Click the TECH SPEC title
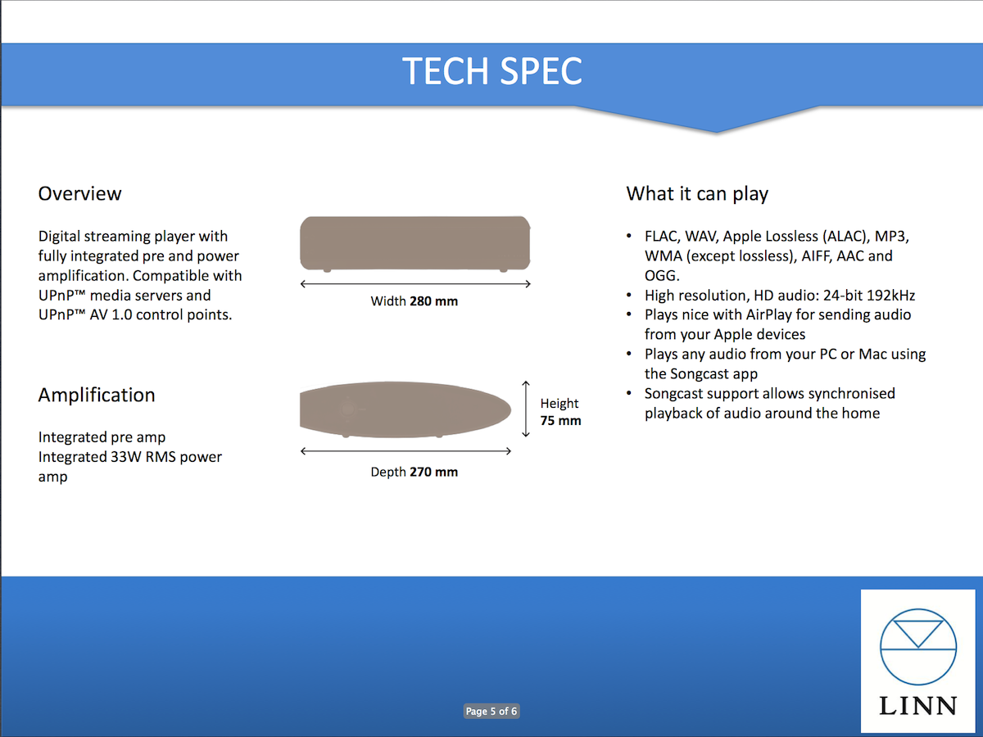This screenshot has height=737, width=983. point(492,70)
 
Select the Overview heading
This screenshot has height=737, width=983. point(79,194)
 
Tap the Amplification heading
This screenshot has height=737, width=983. point(97,396)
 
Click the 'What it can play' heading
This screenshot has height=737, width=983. point(697,194)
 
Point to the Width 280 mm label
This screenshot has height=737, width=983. point(414,301)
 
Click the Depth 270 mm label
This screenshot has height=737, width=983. point(414,472)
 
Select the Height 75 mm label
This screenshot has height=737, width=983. point(560,412)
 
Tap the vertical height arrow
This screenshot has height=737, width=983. point(526,409)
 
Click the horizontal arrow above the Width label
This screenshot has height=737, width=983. point(415,283)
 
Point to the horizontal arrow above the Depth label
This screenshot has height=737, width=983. point(405,451)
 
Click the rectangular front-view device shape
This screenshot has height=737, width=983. point(415,243)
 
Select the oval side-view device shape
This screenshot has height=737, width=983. point(405,409)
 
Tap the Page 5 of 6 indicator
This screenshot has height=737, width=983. point(491,711)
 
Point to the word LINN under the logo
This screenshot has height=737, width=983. point(918,706)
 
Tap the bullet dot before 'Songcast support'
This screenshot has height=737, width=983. point(629,393)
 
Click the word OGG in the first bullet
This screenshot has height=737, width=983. point(662,276)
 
